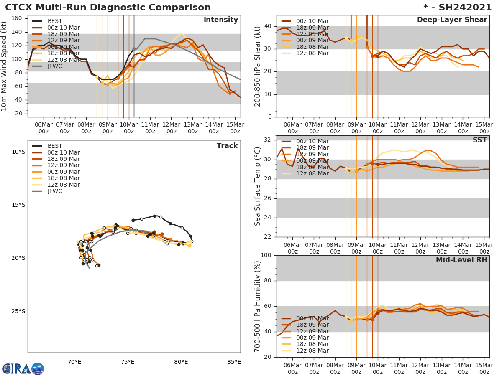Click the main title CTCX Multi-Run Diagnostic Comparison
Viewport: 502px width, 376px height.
108,8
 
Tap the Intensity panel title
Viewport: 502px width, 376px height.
220,20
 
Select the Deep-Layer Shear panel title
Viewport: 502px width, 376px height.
452,20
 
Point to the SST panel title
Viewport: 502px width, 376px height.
479,140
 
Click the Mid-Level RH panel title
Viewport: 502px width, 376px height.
461,260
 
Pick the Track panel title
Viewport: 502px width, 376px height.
227,146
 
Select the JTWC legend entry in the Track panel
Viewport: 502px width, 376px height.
55,191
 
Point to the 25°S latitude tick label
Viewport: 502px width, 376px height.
18,311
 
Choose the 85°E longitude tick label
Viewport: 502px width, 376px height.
234,362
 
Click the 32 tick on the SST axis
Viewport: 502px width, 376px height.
268,140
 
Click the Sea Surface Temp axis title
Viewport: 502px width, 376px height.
258,186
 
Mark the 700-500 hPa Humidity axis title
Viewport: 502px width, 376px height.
258,306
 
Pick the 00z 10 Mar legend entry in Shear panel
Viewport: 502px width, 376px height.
312,21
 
